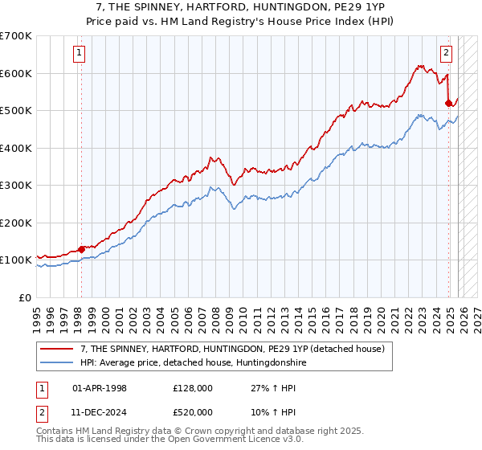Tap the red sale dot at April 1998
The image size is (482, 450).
(x=81, y=249)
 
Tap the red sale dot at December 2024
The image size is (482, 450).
(x=448, y=103)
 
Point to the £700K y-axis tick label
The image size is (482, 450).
(x=16, y=36)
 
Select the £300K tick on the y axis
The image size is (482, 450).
(x=16, y=185)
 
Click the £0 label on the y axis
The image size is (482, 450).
(x=26, y=297)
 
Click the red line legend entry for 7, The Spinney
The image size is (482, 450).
(x=233, y=349)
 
